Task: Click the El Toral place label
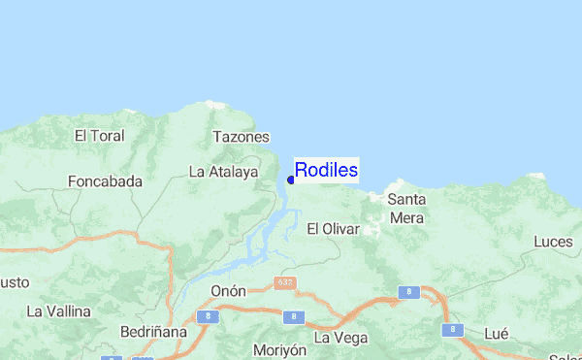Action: (x=100, y=135)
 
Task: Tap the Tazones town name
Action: (x=241, y=138)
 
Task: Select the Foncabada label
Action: (x=106, y=180)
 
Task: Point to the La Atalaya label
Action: (x=223, y=172)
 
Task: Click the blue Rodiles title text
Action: (x=326, y=171)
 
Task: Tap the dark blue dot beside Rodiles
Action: (x=291, y=180)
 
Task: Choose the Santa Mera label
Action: (x=406, y=208)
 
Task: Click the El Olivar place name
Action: (x=333, y=229)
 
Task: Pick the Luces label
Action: (x=553, y=241)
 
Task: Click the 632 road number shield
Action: (x=283, y=282)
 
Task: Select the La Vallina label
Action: (x=59, y=311)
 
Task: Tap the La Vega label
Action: (x=341, y=337)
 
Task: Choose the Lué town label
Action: (x=496, y=333)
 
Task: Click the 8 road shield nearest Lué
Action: (x=453, y=330)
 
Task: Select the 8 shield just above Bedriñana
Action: (x=205, y=316)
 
